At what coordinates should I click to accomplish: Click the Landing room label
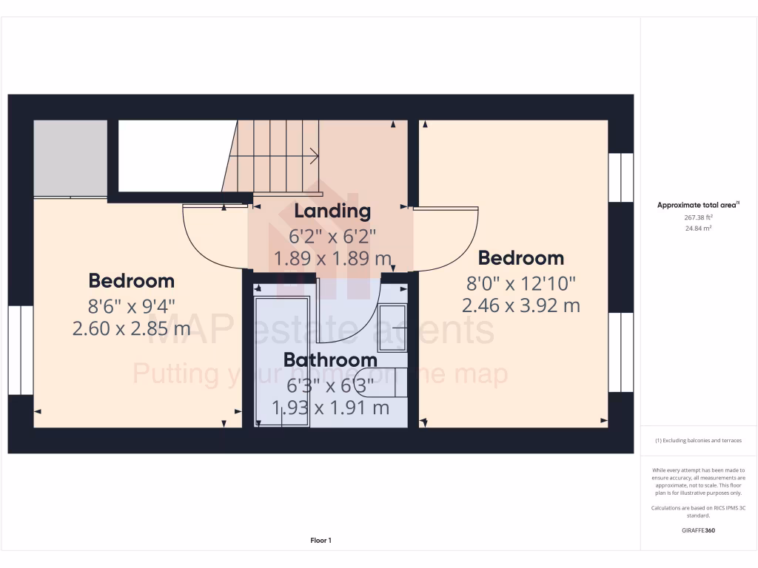click(332, 212)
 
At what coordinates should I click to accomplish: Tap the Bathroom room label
click(330, 360)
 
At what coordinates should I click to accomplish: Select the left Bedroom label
click(132, 281)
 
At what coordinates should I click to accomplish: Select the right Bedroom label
click(521, 258)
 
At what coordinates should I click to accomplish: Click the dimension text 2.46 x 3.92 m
click(521, 305)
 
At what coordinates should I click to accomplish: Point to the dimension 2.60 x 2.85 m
click(132, 328)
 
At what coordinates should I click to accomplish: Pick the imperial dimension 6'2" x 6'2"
click(332, 237)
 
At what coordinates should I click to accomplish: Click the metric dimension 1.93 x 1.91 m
click(330, 408)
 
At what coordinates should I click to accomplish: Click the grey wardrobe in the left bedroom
click(70, 158)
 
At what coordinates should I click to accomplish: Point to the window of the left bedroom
click(21, 350)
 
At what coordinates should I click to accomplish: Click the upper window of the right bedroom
click(620, 177)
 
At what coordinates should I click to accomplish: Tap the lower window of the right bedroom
click(620, 352)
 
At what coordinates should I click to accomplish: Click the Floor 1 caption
click(321, 541)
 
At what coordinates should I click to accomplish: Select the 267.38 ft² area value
click(698, 218)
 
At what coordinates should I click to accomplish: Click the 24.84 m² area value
click(698, 229)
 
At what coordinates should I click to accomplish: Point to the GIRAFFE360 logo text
click(698, 530)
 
